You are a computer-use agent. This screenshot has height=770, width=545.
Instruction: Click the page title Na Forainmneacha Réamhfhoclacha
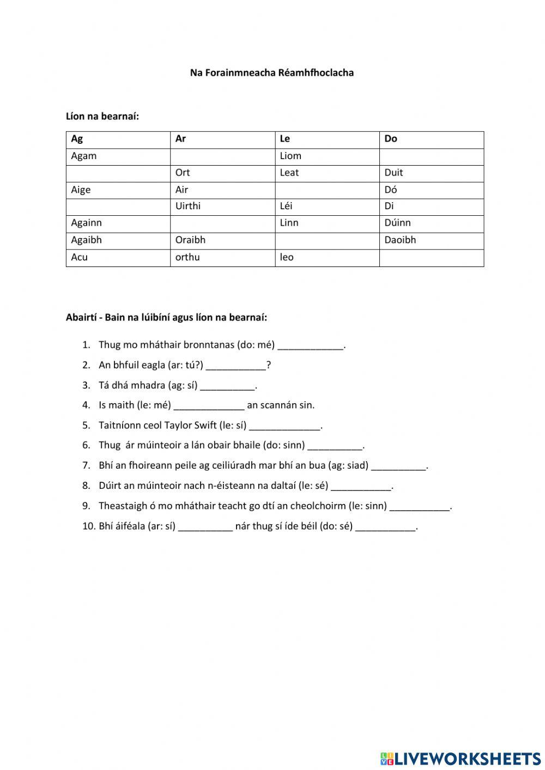click(271, 72)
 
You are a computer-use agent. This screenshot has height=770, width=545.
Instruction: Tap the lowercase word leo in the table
click(287, 257)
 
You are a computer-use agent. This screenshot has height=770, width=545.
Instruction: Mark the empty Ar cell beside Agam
click(222, 156)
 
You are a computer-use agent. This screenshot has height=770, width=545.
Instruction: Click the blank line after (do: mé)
click(311, 346)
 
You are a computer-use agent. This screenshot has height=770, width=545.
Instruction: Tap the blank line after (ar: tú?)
click(236, 366)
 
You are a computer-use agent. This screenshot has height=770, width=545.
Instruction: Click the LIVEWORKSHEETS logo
click(461, 759)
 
